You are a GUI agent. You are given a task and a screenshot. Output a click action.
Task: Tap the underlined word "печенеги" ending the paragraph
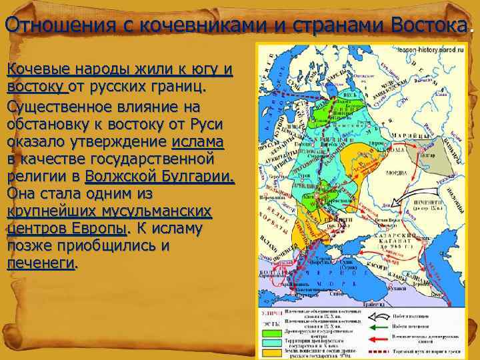coord(41,263)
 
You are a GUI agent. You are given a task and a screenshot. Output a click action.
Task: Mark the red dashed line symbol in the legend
coord(379,349)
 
